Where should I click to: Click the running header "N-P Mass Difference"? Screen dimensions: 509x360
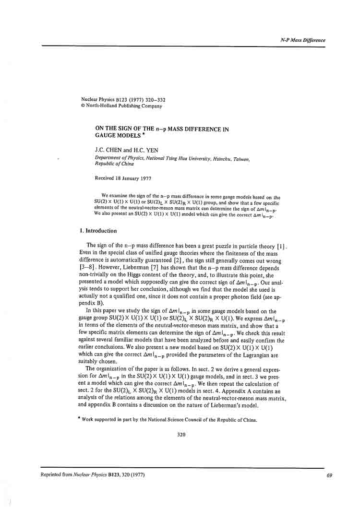coord(302,40)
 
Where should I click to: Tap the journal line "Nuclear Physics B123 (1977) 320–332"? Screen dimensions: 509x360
coord(123,100)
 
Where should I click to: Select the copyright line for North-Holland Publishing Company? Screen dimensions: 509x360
coord(121,106)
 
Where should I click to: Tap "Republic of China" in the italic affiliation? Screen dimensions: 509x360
coord(114,164)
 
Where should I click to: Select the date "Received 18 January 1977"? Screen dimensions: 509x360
coord(123,178)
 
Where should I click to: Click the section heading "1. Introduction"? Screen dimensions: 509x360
coord(98,231)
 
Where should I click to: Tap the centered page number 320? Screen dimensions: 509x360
coord(181,435)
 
